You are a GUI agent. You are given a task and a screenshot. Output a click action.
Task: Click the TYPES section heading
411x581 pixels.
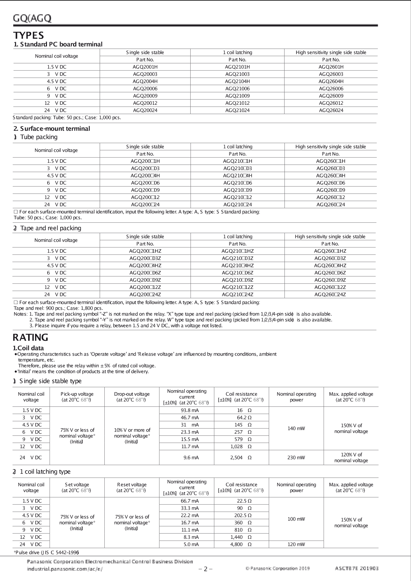28,35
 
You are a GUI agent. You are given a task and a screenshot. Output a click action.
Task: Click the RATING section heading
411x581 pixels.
30,337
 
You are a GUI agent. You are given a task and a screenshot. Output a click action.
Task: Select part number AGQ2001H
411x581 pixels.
145,67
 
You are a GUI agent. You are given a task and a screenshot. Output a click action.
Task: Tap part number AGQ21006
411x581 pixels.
237,89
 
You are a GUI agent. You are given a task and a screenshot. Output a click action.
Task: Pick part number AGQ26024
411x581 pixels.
331,110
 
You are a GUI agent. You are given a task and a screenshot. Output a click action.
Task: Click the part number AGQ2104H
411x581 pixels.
237,81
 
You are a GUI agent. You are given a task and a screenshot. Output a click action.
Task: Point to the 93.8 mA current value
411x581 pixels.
190,410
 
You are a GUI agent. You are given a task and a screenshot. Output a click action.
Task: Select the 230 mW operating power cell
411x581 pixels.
296,458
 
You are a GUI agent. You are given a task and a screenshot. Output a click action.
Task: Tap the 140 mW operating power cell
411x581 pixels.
296,428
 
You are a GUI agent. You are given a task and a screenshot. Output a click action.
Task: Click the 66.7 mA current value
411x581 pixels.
190,501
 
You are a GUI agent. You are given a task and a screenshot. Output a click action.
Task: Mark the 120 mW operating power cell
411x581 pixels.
296,544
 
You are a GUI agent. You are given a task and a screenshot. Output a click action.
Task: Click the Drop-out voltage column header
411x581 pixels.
132,397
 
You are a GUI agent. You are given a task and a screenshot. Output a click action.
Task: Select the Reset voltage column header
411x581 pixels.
132,487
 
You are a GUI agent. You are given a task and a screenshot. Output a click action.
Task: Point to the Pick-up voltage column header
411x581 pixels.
77,397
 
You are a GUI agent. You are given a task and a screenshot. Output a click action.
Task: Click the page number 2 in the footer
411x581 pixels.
205,569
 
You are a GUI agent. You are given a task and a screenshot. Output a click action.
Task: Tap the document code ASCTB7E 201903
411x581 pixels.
357,568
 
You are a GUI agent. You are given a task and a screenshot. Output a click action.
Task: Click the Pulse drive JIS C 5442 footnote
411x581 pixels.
46,552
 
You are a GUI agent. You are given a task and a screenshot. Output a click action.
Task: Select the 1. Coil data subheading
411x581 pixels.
29,348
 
